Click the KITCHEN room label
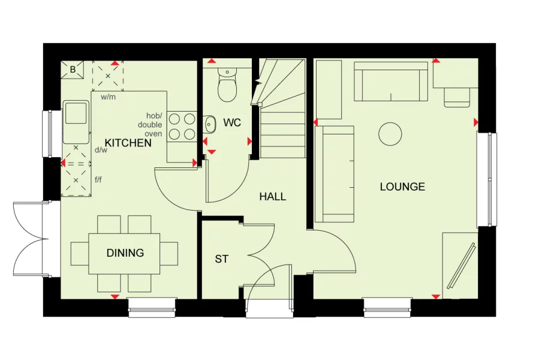point(128,143)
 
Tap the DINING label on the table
point(125,253)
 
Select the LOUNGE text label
point(402,187)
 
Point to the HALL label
point(272,196)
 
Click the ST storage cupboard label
point(221,259)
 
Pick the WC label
point(231,122)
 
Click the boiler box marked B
point(73,70)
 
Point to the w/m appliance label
point(108,97)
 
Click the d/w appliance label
point(101,150)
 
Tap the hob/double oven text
point(150,125)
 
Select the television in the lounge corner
point(462,265)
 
